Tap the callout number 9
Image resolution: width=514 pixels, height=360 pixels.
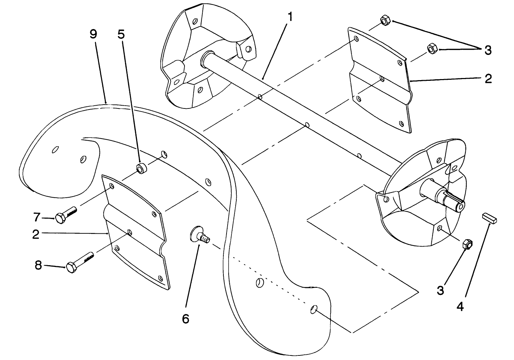click(x=93, y=35)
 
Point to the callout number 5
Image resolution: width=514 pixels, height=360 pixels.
click(x=121, y=35)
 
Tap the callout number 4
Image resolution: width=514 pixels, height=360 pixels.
click(x=460, y=306)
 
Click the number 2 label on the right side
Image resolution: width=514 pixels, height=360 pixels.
click(x=488, y=78)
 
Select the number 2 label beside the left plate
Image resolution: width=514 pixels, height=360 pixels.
click(x=36, y=234)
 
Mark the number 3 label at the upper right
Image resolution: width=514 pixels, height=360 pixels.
click(x=488, y=50)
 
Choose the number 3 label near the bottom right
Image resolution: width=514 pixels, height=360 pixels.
click(x=440, y=290)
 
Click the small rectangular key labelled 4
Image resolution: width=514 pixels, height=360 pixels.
click(x=489, y=217)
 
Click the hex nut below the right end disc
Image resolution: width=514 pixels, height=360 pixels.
click(x=467, y=244)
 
